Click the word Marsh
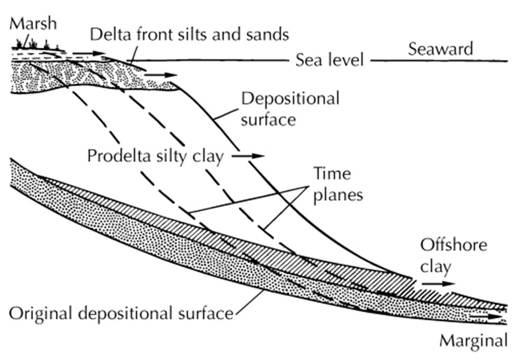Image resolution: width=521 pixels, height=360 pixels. pyautogui.click(x=33, y=24)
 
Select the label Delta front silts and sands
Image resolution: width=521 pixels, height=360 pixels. pyautogui.click(x=189, y=34)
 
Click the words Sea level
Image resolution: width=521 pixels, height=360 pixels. pyautogui.click(x=330, y=60)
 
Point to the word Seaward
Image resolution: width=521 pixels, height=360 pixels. pyautogui.click(x=441, y=49)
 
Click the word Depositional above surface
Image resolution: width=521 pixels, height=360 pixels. pyautogui.click(x=290, y=99)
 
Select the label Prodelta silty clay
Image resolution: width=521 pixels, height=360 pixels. pyautogui.click(x=155, y=156)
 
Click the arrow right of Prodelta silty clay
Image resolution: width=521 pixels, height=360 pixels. pyautogui.click(x=248, y=156)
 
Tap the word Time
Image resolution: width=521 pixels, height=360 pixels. pyautogui.click(x=332, y=174)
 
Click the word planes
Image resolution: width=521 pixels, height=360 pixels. pyautogui.click(x=338, y=195)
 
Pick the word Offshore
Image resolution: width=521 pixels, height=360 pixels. pyautogui.click(x=454, y=245)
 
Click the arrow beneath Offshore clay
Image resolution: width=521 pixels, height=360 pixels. pyautogui.click(x=438, y=284)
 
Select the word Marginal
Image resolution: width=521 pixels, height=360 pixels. pyautogui.click(x=473, y=340)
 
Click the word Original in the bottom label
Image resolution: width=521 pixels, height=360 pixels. pyautogui.click(x=41, y=314)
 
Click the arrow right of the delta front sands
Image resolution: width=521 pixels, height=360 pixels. pyautogui.click(x=161, y=75)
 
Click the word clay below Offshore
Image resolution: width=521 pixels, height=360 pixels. pyautogui.click(x=435, y=266)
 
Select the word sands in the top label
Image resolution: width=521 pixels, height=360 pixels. pyautogui.click(x=269, y=34)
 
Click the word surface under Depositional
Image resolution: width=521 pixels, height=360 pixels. pyautogui.click(x=268, y=120)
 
